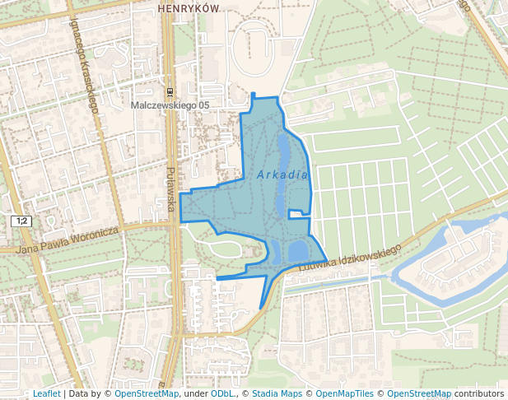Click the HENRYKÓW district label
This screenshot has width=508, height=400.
(x=189, y=7)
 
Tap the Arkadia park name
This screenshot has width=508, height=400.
(x=282, y=174)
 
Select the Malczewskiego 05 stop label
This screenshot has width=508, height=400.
(x=170, y=105)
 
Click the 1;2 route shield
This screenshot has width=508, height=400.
(x=22, y=221)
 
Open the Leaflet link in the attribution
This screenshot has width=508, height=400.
(x=46, y=394)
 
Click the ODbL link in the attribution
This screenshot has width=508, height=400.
(x=222, y=394)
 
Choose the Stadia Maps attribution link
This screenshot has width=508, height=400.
(x=277, y=394)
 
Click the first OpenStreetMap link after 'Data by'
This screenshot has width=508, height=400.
(x=147, y=394)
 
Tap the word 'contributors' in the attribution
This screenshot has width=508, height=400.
(x=479, y=394)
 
